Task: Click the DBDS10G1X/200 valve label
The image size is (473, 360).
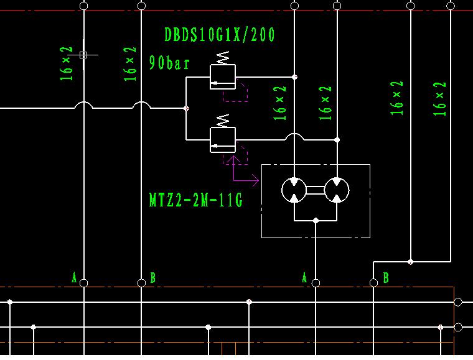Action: coord(219,34)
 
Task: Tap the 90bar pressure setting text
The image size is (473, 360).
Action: coord(169,63)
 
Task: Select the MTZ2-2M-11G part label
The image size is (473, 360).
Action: coord(195,200)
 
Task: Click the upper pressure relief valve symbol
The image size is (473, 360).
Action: coord(223,77)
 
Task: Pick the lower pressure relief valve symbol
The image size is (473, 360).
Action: coord(223,140)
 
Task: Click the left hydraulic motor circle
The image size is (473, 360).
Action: coord(294,190)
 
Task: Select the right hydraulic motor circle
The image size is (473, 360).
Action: coord(337,190)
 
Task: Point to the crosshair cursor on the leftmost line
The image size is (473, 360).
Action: coord(83,55)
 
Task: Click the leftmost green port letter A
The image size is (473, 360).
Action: coord(74,278)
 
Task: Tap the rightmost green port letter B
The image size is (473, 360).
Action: coord(386,278)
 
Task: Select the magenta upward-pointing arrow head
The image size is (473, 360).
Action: coord(233,160)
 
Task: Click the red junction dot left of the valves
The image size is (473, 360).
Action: coord(186,108)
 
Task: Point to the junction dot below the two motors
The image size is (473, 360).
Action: coord(316,220)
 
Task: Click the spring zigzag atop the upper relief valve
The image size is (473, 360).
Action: coord(222,57)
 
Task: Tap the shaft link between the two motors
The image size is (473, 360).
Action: coord(316,190)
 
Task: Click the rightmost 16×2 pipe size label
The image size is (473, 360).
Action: coord(441,99)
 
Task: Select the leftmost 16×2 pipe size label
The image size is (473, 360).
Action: coord(67,63)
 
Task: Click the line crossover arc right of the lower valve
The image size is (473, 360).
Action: coord(294,136)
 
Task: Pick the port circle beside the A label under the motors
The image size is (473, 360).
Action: coord(316,283)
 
